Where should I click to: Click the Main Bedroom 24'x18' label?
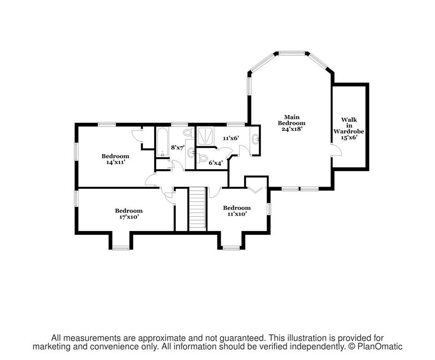pos(292,123)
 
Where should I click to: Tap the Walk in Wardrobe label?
pos(349,128)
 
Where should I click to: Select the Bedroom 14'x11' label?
pos(115,159)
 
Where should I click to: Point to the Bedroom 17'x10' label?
pos(129,214)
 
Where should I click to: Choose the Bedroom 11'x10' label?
pos(237,211)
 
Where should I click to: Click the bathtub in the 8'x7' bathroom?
pos(162,142)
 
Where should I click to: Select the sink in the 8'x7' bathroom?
pos(191,153)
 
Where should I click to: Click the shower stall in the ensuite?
pos(206,136)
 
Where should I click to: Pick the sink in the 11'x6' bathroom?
pos(255,138)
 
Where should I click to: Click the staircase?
pos(197,209)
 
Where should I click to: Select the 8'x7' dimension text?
pos(178,148)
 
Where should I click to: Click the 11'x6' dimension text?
pos(231,138)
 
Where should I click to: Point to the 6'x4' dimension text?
pos(216,163)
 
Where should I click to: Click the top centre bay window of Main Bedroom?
pos(292,52)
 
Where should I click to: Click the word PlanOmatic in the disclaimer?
pos(380,346)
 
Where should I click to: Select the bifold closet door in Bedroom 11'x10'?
pos(255,190)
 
